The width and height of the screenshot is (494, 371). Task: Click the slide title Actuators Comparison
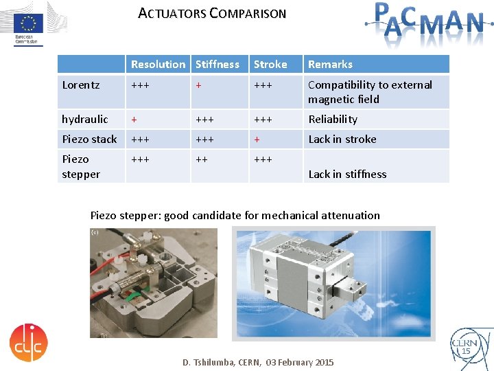[x=212, y=13]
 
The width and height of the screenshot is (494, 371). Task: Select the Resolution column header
[x=158, y=65]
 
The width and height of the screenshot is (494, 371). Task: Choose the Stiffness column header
[x=217, y=65]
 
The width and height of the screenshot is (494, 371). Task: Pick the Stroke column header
[x=270, y=65]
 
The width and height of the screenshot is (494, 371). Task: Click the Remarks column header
[x=330, y=65]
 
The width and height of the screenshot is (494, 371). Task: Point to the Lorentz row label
[x=81, y=85]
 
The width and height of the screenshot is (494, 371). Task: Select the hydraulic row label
[x=85, y=120]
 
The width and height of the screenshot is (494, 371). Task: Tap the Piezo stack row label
[x=89, y=139]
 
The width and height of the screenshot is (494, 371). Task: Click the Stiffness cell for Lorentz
[x=198, y=85]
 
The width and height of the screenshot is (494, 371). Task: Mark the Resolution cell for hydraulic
[x=134, y=120]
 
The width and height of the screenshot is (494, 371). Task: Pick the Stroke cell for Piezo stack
[x=257, y=139]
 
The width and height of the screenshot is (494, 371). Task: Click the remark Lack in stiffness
[x=347, y=175]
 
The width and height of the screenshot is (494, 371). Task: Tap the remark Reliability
[x=333, y=120]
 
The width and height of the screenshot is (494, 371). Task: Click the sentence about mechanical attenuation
[x=235, y=216]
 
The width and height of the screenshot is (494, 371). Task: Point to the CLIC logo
[x=28, y=341]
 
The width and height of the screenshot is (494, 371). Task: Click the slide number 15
[x=466, y=351]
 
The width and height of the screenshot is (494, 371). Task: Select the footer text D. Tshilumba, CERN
[x=257, y=362]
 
